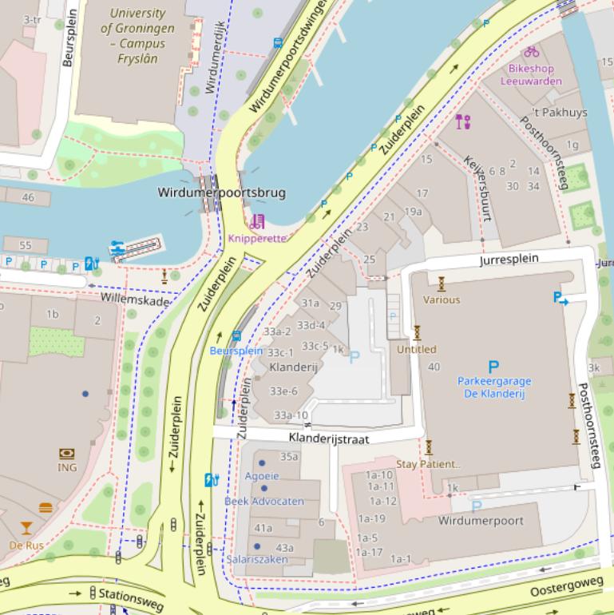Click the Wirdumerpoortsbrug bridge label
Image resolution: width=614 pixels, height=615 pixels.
point(221,192)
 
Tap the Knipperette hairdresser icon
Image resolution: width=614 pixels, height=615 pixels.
point(257,222)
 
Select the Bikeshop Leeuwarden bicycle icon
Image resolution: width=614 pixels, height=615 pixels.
point(532,52)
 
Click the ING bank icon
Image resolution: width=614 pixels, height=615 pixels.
point(67,454)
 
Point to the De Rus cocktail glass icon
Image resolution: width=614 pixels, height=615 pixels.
point(26,527)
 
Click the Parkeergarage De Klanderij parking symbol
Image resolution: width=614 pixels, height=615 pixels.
point(493,367)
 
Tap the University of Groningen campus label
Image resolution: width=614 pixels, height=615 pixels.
point(133,36)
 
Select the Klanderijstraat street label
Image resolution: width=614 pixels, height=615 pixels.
point(329,438)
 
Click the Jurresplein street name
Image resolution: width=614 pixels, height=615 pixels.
point(509,260)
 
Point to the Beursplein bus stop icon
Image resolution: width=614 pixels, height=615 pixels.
point(236,336)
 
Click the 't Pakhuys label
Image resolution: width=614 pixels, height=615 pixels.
point(559,113)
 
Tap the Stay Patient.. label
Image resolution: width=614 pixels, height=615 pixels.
point(429,463)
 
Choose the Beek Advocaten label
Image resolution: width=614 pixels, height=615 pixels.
point(263,501)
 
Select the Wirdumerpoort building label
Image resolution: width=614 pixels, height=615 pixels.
point(481,521)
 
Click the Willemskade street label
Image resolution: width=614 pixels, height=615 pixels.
point(135,301)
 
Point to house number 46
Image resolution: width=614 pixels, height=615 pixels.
point(29,197)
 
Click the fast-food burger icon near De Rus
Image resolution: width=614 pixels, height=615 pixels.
point(46,507)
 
